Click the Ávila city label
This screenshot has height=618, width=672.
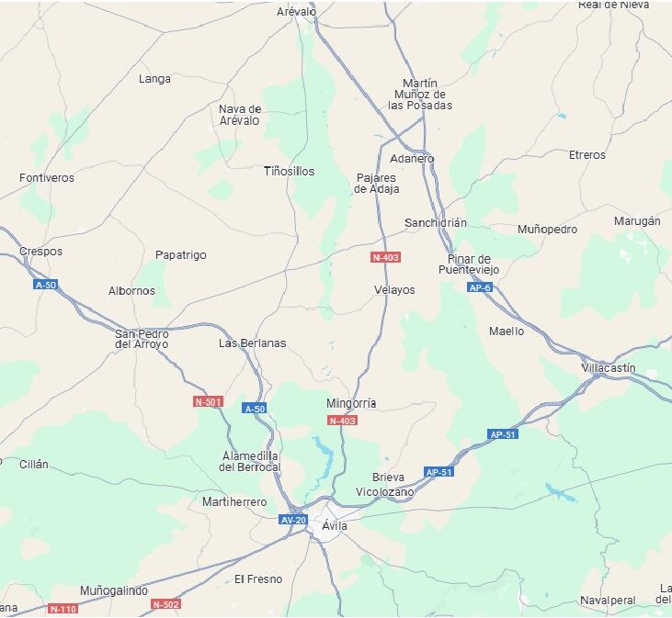point(335,526)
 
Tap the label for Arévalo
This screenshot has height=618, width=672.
point(296,12)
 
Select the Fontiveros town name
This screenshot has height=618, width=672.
point(47,177)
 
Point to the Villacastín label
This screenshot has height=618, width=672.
point(609,367)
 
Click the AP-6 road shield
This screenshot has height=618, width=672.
point(480,288)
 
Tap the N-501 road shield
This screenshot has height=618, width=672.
point(209,402)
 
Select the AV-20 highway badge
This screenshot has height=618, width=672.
point(293,520)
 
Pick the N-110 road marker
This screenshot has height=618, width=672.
point(63,609)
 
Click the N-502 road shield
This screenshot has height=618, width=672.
point(165,604)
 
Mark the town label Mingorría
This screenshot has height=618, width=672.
point(351,403)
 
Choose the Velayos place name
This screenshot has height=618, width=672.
point(394,290)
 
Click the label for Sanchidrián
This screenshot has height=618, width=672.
point(436,223)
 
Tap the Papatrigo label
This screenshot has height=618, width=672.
point(181,255)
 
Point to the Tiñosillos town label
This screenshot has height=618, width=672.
point(289,172)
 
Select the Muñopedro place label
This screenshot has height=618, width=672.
point(548,230)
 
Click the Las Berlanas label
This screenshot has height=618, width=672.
point(252,343)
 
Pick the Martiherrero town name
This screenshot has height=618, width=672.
point(234,502)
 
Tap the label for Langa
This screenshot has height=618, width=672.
point(154,79)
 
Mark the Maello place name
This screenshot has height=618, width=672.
point(507,331)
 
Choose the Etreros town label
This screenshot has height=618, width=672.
point(587,155)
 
